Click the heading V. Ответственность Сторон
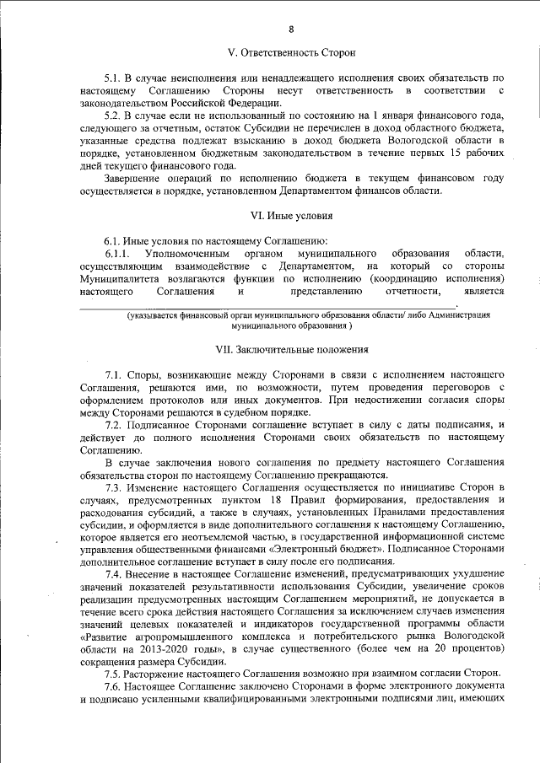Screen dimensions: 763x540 pos(291,52)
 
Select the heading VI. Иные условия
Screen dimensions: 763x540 pos(291,215)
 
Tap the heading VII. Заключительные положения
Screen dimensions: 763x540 pos(291,348)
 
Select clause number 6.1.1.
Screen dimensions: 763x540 pos(118,254)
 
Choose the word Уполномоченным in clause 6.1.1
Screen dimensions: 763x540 pos(187,254)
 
